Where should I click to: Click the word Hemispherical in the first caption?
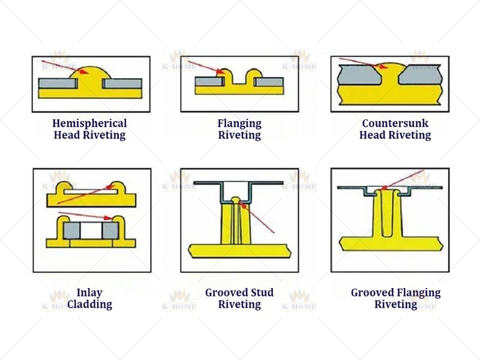90,123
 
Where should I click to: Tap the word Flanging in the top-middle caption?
239,123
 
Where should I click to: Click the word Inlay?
89,293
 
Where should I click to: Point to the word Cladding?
89,304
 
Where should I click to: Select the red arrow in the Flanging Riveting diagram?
204,67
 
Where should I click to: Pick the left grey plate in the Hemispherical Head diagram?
58,83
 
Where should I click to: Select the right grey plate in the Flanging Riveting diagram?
268,82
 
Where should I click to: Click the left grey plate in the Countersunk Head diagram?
359,76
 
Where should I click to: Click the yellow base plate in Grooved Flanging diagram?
390,243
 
